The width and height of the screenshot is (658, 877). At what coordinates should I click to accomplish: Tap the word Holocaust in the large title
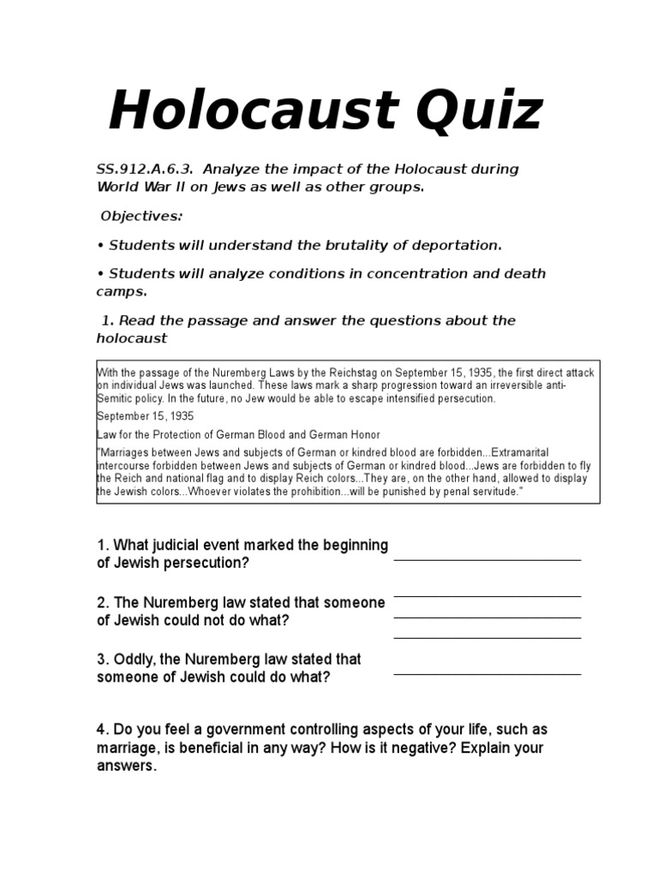(242, 112)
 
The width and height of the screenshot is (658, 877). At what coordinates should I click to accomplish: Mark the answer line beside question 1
(487, 559)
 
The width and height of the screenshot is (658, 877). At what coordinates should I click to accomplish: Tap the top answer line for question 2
(487, 596)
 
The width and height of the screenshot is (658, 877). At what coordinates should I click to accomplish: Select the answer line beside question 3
(487, 674)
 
